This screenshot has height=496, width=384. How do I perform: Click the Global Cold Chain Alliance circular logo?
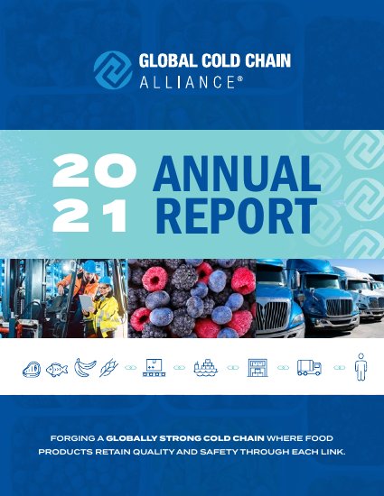[x=113, y=70]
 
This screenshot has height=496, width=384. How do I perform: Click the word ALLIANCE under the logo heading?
[x=187, y=82]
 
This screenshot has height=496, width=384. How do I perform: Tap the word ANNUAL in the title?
[x=237, y=174]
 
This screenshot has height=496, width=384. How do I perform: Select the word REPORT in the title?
[x=237, y=216]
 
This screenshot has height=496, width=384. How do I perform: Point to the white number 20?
[x=94, y=170]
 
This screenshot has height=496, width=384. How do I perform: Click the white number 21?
[x=90, y=216]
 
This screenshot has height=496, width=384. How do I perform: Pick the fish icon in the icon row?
[x=57, y=370]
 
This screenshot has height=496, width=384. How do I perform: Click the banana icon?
[x=85, y=368]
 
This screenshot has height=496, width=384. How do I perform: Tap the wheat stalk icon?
[x=108, y=368]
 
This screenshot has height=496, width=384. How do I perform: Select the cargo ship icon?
[x=206, y=368]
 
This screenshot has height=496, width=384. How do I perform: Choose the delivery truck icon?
[x=309, y=368]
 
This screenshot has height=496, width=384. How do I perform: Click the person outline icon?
[x=361, y=367]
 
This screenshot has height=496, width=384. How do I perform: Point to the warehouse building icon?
[x=258, y=368]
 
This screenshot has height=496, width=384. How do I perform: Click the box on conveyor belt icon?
[x=154, y=368]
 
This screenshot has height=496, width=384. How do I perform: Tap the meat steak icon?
[x=32, y=370]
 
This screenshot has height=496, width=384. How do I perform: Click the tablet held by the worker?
[x=86, y=303]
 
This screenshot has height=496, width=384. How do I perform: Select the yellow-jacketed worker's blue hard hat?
[x=105, y=280]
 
